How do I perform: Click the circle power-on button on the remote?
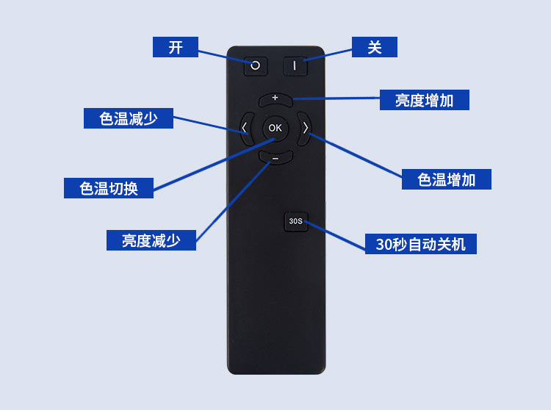tap(256, 65)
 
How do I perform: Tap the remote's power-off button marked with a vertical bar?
tap(295, 65)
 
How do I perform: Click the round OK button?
tap(275, 128)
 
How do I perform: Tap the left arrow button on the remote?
tap(245, 128)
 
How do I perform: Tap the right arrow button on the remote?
tap(304, 128)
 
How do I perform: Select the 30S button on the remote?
tap(295, 220)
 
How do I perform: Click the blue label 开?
tap(176, 47)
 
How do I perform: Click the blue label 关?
tap(375, 47)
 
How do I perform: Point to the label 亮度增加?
tap(424, 101)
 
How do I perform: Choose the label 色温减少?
tap(129, 118)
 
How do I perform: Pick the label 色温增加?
tap(446, 179)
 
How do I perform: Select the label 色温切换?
tap(109, 188)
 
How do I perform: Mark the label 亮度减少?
tap(151, 240)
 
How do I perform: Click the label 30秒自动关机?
tap(420, 244)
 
